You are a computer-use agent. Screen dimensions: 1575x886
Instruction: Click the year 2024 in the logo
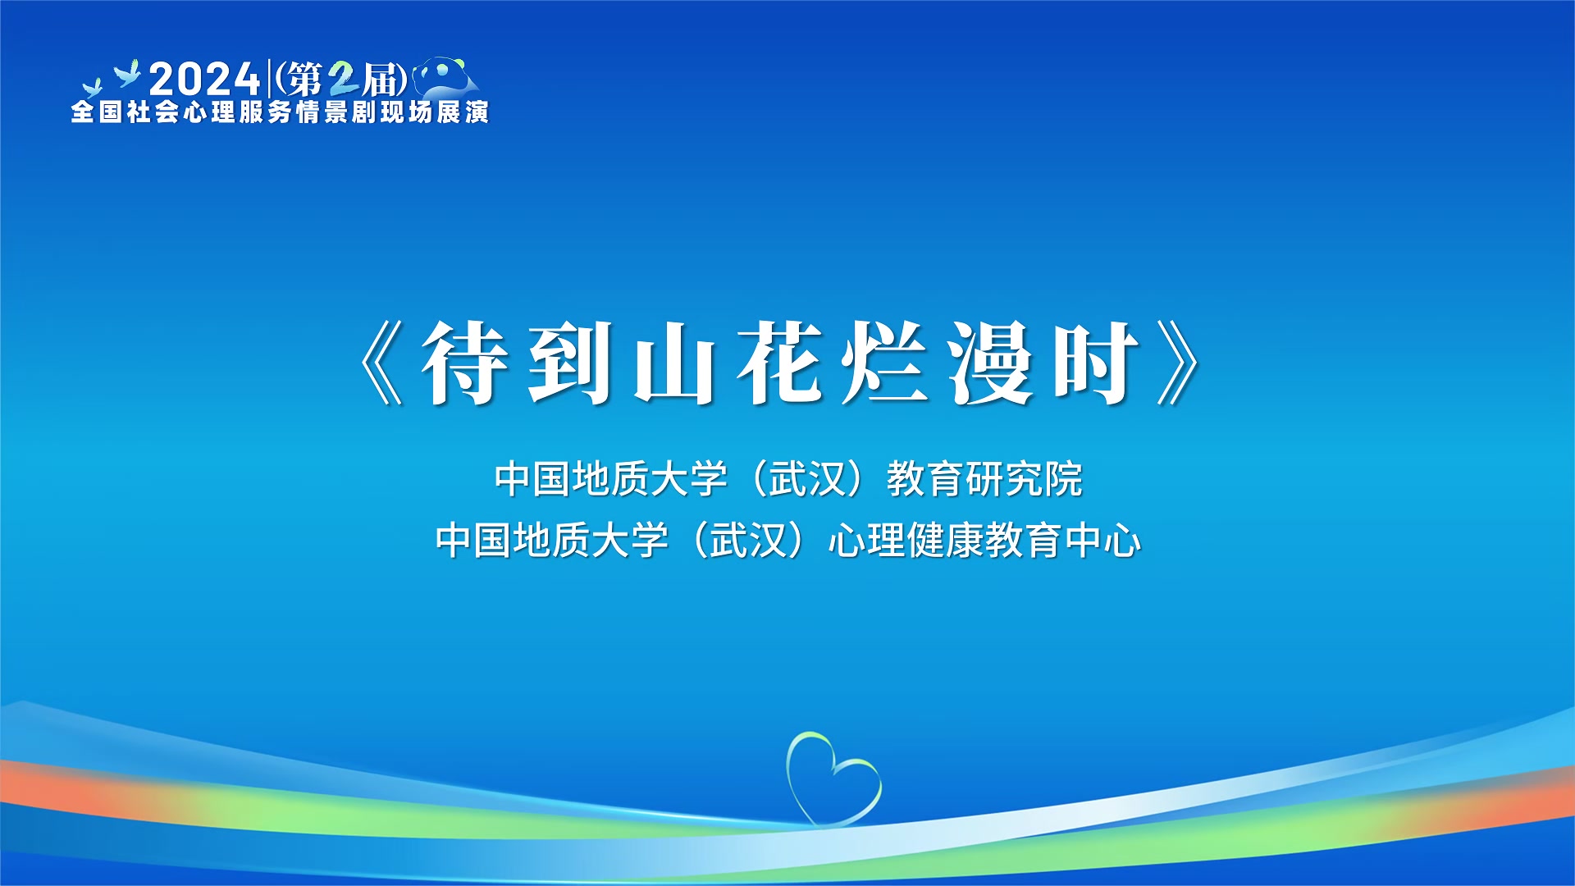(x=204, y=80)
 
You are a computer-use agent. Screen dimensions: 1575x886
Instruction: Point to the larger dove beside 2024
(x=128, y=73)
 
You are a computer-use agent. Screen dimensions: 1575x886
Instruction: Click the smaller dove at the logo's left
(x=92, y=87)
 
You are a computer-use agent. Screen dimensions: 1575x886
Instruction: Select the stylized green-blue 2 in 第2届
(x=343, y=80)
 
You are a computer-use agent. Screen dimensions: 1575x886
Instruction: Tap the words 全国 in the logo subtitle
(x=98, y=112)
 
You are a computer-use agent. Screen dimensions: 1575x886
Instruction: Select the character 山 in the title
(x=673, y=363)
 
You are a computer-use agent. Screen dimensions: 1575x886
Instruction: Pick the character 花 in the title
(x=779, y=363)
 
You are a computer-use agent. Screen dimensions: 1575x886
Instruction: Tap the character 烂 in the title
(x=884, y=363)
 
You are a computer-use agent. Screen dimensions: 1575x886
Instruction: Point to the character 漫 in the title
(x=990, y=363)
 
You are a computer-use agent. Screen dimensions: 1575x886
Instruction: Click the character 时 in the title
(x=1096, y=363)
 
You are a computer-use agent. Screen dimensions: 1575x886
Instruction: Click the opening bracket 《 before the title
(x=382, y=363)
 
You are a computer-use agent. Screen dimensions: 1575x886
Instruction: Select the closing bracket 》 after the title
(x=1180, y=363)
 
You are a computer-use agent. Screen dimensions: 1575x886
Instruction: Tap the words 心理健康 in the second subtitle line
(x=906, y=541)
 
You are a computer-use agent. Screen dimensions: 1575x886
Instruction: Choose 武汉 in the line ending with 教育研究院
(x=808, y=479)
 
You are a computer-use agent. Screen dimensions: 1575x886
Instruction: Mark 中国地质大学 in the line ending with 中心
(x=552, y=541)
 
